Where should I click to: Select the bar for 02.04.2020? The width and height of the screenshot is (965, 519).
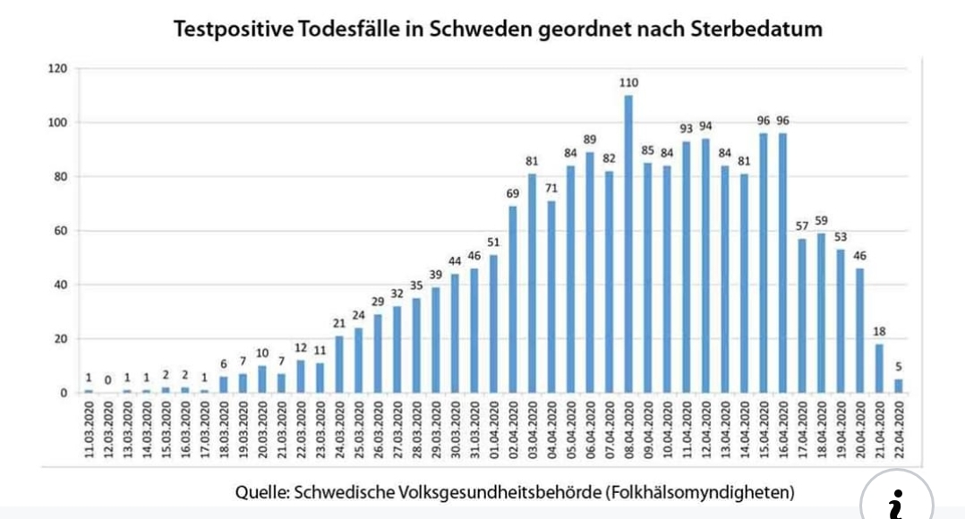513,300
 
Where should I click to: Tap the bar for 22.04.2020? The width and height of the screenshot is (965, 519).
899,387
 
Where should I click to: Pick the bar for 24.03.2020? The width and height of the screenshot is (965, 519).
339,365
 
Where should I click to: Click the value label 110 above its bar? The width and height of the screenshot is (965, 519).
628,83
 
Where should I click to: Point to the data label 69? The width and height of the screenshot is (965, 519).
513,194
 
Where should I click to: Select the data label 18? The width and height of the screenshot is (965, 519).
879,332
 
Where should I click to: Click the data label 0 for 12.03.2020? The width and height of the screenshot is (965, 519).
107,380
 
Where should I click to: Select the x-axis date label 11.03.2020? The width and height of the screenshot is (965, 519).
89,432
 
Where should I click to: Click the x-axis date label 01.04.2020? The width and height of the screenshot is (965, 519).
493,432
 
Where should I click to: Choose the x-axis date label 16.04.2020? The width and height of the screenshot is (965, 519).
783,432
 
